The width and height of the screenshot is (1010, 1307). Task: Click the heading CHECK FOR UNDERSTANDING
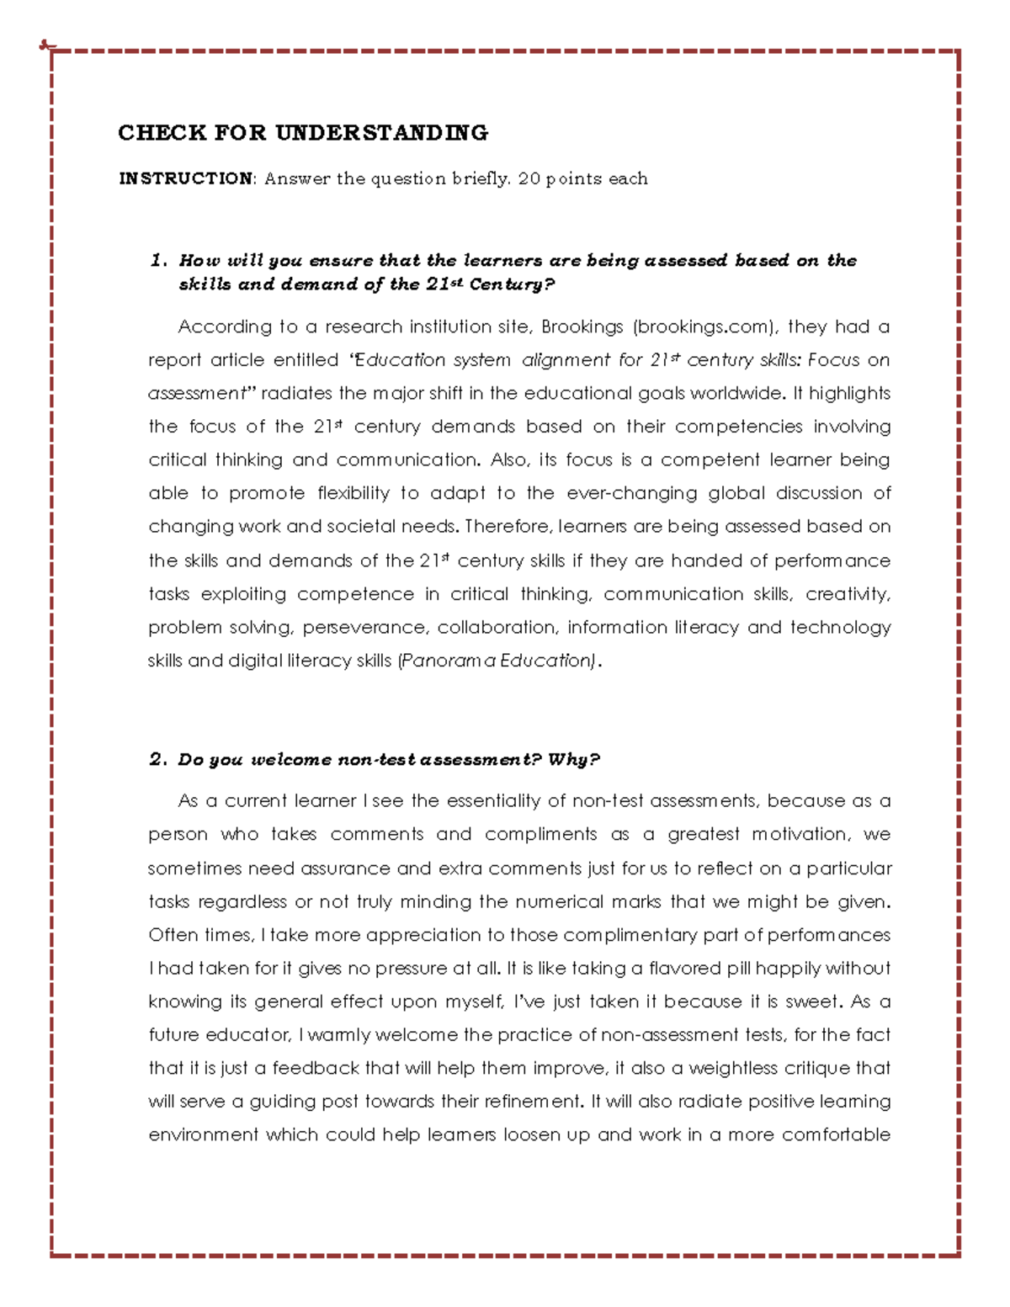pos(303,133)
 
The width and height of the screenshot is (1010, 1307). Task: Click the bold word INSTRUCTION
pos(186,178)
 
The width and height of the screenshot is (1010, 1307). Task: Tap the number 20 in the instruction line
pos(529,178)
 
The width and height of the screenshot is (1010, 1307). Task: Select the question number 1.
pos(158,260)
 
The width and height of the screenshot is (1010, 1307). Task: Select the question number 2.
pos(157,760)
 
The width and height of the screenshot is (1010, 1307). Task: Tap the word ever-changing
pos(631,493)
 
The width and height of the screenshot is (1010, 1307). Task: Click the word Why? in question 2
pos(573,760)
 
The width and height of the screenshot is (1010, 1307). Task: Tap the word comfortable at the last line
pos(836,1135)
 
